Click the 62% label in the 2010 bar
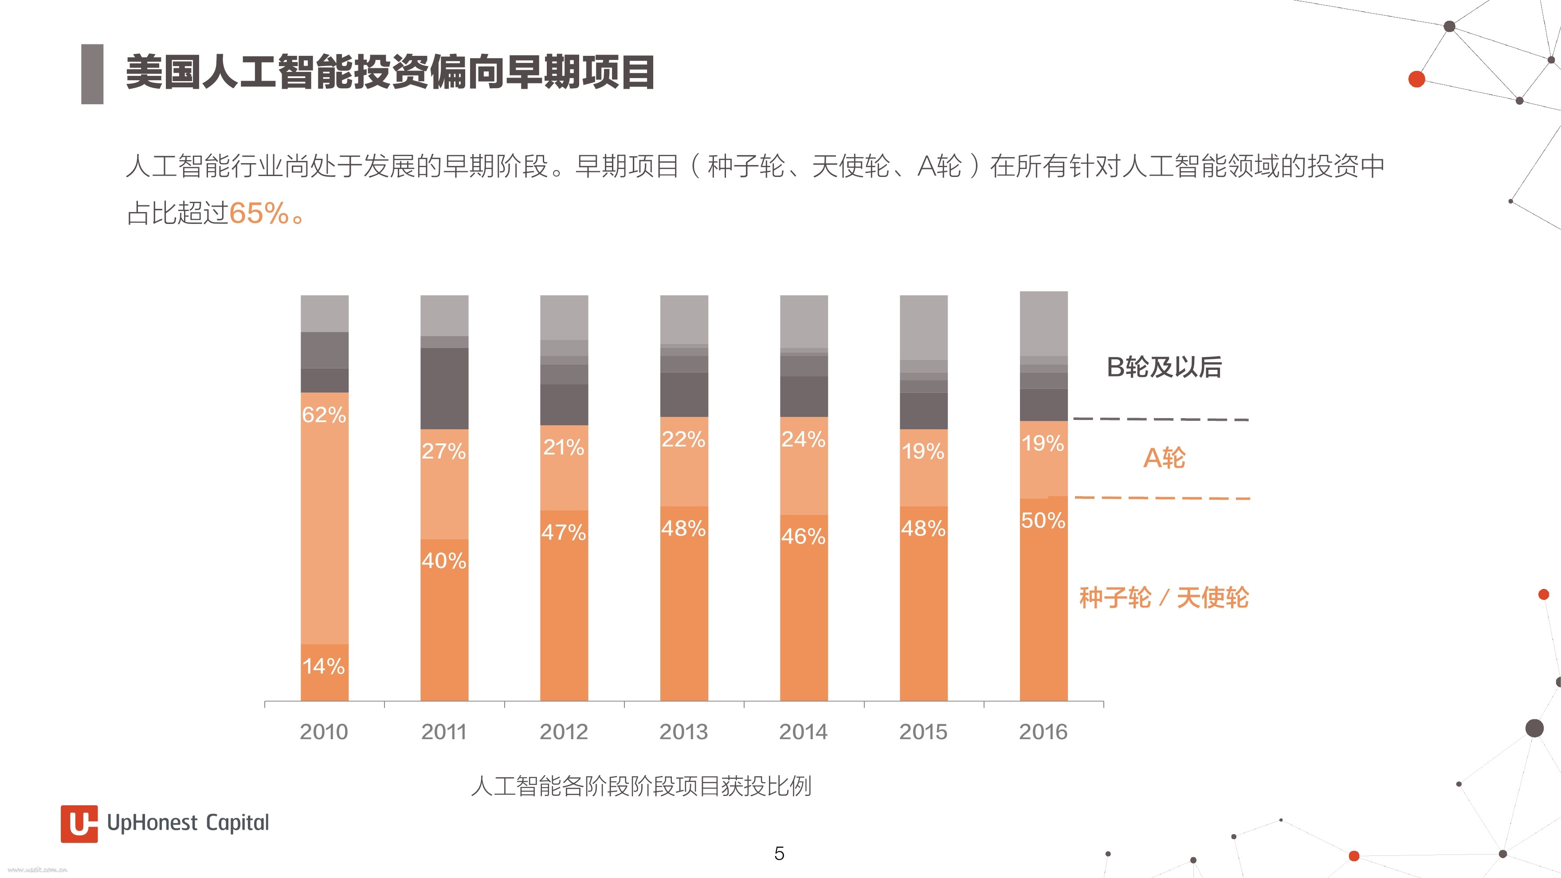(x=324, y=415)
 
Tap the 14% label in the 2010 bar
(x=324, y=666)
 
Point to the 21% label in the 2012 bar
(x=564, y=447)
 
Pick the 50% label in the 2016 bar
(x=1043, y=520)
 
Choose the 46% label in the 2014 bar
(x=804, y=536)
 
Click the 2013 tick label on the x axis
(x=683, y=732)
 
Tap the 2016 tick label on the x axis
(x=1043, y=732)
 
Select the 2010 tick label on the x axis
(x=324, y=732)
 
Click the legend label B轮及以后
(x=1164, y=367)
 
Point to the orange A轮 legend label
(x=1164, y=458)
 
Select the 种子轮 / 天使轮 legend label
(x=1164, y=597)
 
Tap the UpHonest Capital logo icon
(x=79, y=823)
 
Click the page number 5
(x=779, y=854)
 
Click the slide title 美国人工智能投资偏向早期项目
(x=390, y=73)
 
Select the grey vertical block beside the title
(x=92, y=74)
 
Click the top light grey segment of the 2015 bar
(x=923, y=327)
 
